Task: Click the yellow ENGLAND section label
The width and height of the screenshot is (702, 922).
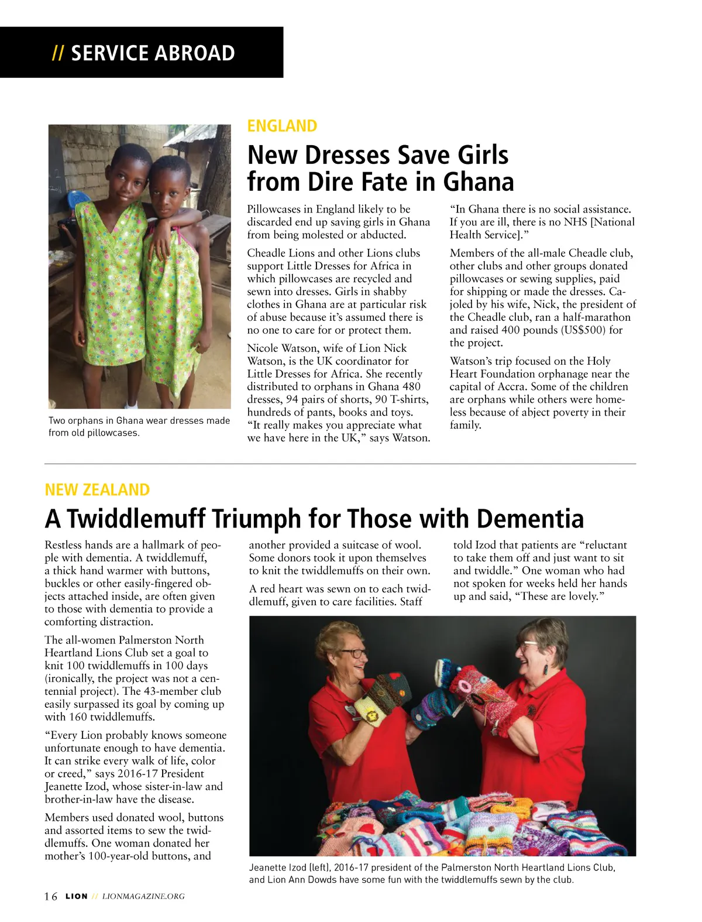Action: click(282, 126)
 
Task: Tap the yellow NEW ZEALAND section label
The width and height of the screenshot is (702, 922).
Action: click(97, 489)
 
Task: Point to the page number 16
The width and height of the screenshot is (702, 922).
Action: click(51, 896)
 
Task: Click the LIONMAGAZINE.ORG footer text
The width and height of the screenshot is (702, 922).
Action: click(143, 896)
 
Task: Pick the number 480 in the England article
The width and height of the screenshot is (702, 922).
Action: click(411, 386)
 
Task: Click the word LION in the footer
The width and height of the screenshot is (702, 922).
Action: click(77, 896)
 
